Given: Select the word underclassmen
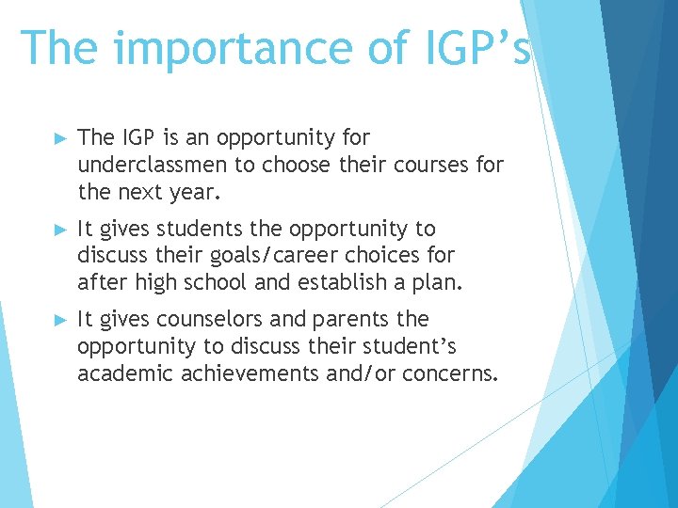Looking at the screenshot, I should [153, 166].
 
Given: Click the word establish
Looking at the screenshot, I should [337, 281].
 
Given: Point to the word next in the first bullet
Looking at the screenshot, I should [142, 192].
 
